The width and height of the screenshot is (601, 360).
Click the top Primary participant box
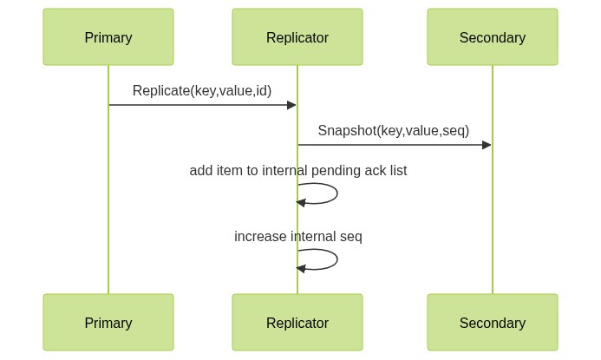coord(108,36)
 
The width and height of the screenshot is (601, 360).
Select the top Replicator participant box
coord(297,36)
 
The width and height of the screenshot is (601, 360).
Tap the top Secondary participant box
coord(493,36)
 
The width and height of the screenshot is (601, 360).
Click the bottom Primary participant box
coord(108,322)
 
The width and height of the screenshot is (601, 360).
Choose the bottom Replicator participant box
coord(297,322)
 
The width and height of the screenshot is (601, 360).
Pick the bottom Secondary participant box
coord(493,322)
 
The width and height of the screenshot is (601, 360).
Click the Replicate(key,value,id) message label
coord(202,91)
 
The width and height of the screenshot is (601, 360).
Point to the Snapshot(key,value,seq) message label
coord(394,131)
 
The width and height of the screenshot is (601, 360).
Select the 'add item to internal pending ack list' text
coord(298,170)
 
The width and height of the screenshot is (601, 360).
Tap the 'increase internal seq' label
coord(298,236)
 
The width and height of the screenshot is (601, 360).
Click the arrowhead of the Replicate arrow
coord(291,105)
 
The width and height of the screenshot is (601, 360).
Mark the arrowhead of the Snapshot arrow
coord(487,145)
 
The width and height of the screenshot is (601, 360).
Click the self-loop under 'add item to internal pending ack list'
coord(337,193)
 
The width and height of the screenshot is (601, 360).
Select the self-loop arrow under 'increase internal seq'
coord(337,259)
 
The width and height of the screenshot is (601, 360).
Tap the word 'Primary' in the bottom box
coord(108,323)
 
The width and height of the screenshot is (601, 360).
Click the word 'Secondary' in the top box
coord(493,37)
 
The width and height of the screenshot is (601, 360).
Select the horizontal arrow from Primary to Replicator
coord(203,105)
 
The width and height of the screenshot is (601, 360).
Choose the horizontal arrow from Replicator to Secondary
coord(395,145)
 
